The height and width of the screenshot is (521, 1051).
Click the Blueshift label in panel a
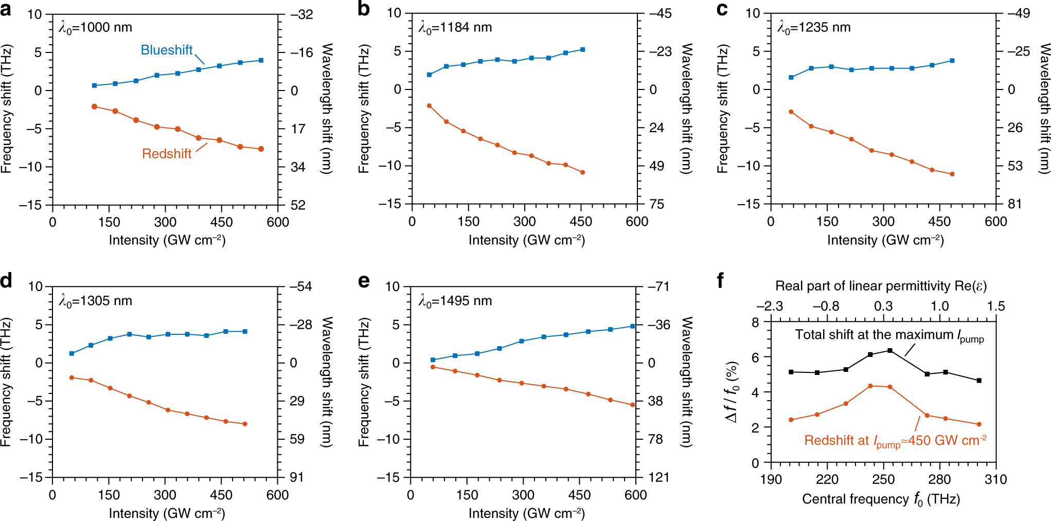point(166,50)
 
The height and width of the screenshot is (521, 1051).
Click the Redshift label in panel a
point(166,154)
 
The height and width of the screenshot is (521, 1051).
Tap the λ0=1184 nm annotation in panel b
point(455,27)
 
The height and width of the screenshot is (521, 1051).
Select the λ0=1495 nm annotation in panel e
point(455,301)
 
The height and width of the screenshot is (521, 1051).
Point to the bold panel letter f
point(720,281)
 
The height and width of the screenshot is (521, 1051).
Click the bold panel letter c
point(722,9)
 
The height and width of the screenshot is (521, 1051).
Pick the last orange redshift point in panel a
point(261,149)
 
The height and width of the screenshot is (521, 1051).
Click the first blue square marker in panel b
point(430,75)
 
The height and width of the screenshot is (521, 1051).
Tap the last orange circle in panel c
point(952,174)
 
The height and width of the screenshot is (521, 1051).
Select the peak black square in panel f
point(890,351)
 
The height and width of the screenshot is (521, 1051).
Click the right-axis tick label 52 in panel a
point(298,205)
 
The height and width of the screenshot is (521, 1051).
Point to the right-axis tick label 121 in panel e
point(659,477)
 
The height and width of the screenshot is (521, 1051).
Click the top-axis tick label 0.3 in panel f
point(883,307)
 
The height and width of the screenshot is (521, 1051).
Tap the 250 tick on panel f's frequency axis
point(883,479)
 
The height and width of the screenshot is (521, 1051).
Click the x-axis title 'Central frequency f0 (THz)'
point(881,499)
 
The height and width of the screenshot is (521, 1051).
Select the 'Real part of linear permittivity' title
point(881,286)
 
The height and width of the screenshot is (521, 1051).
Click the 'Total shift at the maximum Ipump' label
point(889,335)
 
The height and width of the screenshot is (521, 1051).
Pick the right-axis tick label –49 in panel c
point(1019,13)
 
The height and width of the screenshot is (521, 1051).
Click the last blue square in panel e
point(632,326)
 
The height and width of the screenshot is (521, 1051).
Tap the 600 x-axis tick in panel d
point(277,495)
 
